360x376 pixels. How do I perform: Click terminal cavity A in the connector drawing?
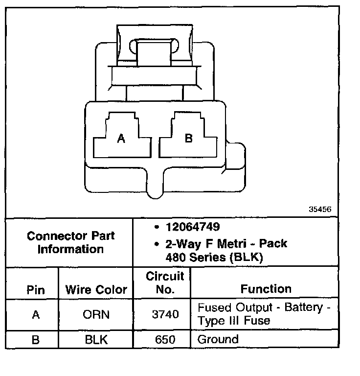tap(121, 139)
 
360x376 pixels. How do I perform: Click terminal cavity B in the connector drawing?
tap(188, 139)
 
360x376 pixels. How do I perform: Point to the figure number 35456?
tap(320, 209)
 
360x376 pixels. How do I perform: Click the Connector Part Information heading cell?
tap(70, 242)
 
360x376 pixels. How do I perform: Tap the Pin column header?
tap(35, 290)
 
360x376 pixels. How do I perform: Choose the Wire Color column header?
tap(96, 290)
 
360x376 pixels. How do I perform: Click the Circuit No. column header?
tap(165, 282)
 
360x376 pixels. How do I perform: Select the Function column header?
tap(266, 289)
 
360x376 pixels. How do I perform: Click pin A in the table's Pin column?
tap(35, 315)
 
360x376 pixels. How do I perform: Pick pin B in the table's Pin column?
tap(35, 339)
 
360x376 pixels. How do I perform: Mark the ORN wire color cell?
tap(96, 315)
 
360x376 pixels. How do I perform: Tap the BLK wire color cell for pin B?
tap(96, 339)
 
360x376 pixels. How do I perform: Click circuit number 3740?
tap(165, 315)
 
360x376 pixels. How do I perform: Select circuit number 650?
tap(165, 339)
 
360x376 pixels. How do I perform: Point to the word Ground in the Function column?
tap(218, 339)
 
